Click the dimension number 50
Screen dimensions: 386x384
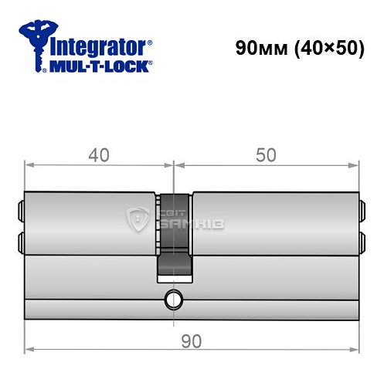coord(267,155)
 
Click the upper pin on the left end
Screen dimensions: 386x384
coord(20,209)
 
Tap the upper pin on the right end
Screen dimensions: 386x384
coord(362,209)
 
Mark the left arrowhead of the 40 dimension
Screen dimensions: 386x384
coord(29,164)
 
